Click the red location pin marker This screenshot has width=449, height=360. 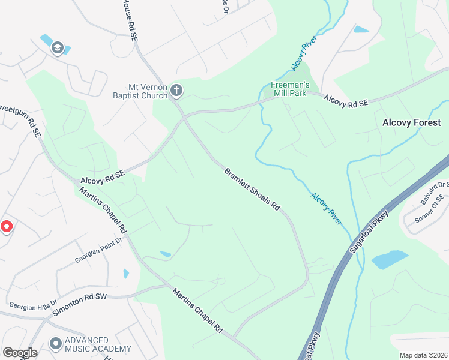tap(6, 227)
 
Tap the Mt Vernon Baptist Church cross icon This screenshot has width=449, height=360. tap(176, 91)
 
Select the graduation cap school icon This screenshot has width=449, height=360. tap(58, 48)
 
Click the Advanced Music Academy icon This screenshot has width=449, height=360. tap(56, 344)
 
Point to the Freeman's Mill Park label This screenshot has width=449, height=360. tap(289, 89)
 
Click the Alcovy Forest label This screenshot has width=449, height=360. tap(411, 122)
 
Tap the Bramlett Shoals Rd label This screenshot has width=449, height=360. tap(252, 189)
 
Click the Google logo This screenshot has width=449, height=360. tap(20, 353)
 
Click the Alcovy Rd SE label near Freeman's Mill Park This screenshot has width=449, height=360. tap(345, 100)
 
